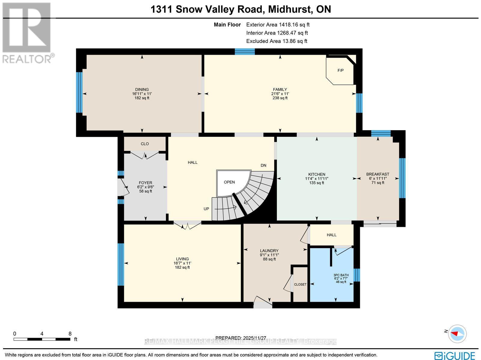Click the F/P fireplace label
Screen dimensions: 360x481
click(340, 71)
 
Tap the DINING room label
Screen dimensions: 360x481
click(142, 89)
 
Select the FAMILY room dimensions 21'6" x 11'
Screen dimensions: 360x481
click(280, 94)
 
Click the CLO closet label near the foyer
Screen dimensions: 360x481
click(145, 144)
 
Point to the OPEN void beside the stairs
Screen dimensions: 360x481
click(229, 182)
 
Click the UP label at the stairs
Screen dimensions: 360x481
click(206, 209)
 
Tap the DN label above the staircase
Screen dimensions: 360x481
click(263, 165)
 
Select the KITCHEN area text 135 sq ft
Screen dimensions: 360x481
click(317, 183)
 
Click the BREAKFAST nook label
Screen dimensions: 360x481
click(378, 174)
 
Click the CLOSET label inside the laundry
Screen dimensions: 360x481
click(300, 284)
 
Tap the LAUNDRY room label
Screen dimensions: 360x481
click(269, 251)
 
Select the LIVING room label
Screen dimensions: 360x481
click(182, 259)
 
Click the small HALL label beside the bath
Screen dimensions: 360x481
click(332, 235)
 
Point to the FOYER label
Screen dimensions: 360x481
click(145, 183)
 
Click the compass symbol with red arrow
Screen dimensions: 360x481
click(457, 334)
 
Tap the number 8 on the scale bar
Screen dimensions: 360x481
click(70, 334)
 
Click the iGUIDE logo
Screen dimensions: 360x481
click(456, 355)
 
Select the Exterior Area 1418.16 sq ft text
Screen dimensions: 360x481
click(277, 25)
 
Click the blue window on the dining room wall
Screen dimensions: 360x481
click(79, 92)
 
